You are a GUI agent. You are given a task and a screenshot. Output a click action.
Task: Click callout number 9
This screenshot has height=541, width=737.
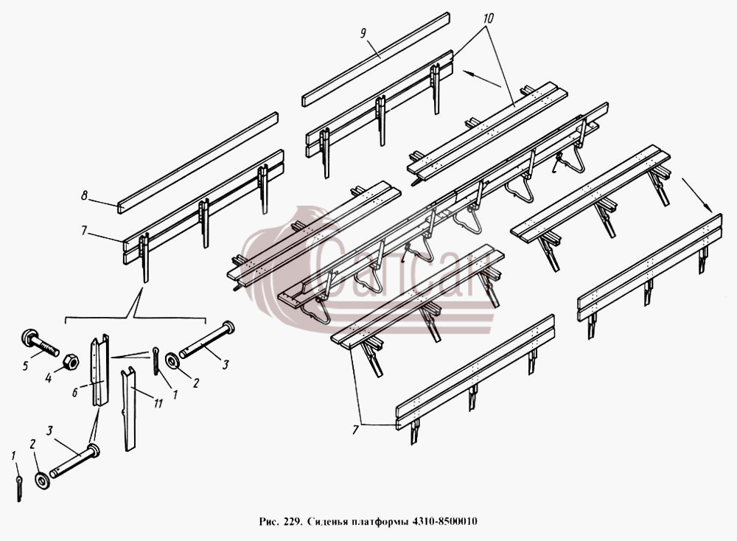363,33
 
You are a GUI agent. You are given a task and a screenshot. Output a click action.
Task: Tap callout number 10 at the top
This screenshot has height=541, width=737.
488,19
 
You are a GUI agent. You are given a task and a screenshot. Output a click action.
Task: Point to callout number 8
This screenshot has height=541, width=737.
84,195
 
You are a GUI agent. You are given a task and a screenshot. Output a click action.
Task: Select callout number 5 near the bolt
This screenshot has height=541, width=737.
26,365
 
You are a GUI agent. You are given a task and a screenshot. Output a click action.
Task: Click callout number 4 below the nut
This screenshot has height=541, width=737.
48,377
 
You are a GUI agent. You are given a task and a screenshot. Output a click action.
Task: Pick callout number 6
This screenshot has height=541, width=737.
74,393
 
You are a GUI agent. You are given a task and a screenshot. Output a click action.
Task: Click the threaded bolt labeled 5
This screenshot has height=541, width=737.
40,343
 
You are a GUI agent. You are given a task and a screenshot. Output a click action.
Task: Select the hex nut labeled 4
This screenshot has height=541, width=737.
71,362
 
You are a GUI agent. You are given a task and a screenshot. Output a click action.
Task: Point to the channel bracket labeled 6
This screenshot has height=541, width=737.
99,371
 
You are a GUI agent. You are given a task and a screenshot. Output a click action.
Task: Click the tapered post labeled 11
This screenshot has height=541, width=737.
129,410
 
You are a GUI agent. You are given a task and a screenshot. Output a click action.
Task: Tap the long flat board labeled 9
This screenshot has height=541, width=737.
376,59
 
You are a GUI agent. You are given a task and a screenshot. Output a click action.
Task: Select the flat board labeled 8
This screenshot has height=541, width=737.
198,163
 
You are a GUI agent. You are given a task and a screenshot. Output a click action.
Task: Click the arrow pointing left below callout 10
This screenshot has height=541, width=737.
482,78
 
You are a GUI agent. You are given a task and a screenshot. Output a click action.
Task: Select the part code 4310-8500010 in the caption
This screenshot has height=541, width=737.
444,521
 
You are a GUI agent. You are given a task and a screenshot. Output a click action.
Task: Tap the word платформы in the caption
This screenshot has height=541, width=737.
380,522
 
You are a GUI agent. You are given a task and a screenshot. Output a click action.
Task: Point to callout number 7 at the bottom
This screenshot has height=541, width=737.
355,430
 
